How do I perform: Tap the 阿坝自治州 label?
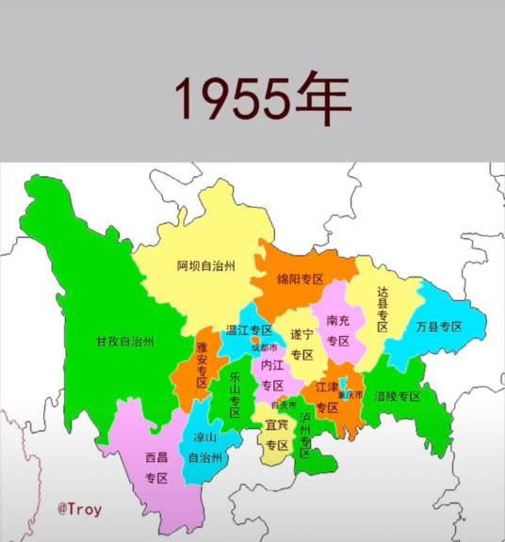click(x=205, y=265)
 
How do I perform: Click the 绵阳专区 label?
click(x=300, y=279)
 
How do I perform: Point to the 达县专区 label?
click(x=383, y=310)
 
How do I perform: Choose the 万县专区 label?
click(x=439, y=327)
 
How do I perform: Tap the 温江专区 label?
click(x=249, y=330)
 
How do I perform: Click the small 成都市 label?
click(x=264, y=347)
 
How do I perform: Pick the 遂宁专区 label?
click(x=301, y=343)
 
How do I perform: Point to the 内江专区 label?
click(x=272, y=375)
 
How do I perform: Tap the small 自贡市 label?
click(x=284, y=405)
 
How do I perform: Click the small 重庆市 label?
click(x=350, y=394)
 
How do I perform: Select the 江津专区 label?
click(x=327, y=397)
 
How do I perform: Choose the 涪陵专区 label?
click(x=397, y=396)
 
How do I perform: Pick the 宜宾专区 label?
click(x=276, y=435)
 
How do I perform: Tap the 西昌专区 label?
click(x=155, y=468)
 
